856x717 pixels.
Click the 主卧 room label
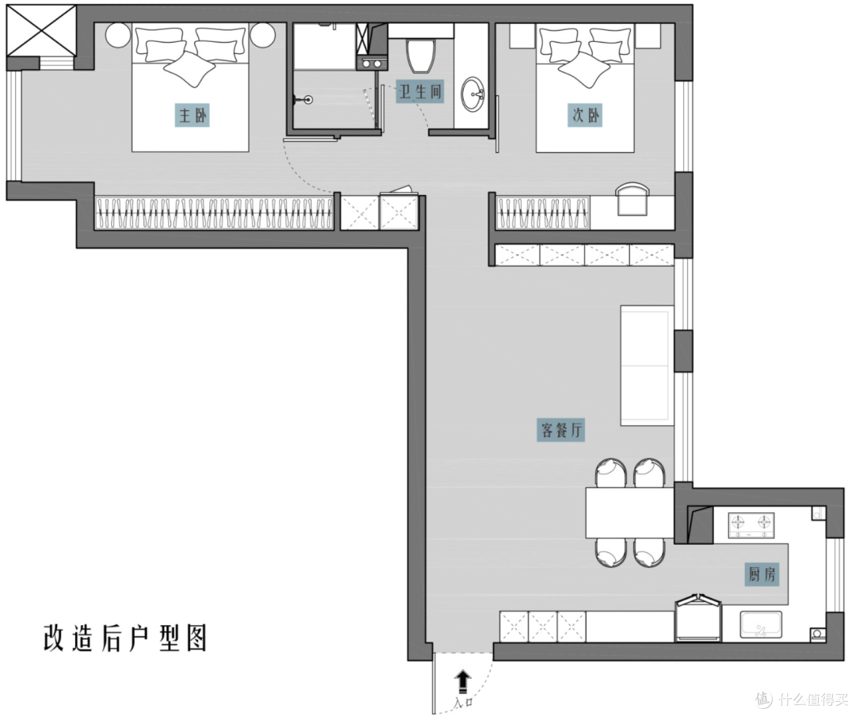click(192, 115)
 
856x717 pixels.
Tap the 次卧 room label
click(585, 115)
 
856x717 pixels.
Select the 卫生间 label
click(420, 91)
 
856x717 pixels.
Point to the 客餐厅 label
click(561, 430)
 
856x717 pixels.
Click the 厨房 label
click(762, 574)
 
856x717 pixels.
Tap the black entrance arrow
click(463, 683)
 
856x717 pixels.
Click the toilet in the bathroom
click(422, 56)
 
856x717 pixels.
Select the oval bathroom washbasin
click(472, 94)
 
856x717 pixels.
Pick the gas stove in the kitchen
click(751, 525)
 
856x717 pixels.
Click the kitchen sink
click(761, 625)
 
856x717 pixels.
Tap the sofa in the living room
click(647, 365)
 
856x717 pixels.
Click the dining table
click(629, 512)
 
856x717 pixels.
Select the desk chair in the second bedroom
click(632, 198)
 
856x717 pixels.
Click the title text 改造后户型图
click(125, 637)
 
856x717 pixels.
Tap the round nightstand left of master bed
click(118, 36)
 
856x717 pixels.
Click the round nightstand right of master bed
click(263, 36)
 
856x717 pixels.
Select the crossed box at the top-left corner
click(41, 30)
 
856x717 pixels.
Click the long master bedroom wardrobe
click(214, 213)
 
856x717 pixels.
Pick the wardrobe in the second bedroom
click(543, 213)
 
